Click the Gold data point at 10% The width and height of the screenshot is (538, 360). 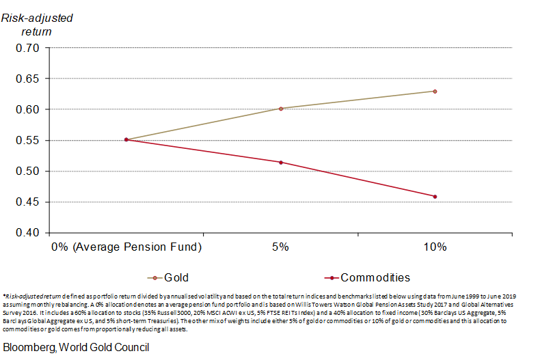pyautogui.click(x=435, y=91)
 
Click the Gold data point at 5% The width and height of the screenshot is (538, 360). pyautogui.click(x=280, y=108)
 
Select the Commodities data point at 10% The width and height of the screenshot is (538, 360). pyautogui.click(x=435, y=197)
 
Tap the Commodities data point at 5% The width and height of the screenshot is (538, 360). pyautogui.click(x=280, y=162)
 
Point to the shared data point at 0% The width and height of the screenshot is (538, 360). pyautogui.click(x=126, y=139)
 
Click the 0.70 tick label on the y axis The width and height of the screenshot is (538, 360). pyautogui.click(x=27, y=48)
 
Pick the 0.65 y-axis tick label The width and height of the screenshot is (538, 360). pyautogui.click(x=27, y=79)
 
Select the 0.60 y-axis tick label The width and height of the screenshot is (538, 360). pyautogui.click(x=27, y=109)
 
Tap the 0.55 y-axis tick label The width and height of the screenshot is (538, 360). pyautogui.click(x=27, y=141)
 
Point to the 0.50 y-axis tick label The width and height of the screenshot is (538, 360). pyautogui.click(x=27, y=171)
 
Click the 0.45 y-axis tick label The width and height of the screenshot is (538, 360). pyautogui.click(x=27, y=202)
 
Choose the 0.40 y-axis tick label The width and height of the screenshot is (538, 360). pyautogui.click(x=27, y=233)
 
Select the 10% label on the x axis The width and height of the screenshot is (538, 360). pyautogui.click(x=435, y=247)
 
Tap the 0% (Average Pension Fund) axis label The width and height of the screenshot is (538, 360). pyautogui.click(x=126, y=247)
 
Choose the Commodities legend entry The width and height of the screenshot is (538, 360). pyautogui.click(x=375, y=278)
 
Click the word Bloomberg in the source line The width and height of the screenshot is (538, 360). pyautogui.click(x=30, y=347)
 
